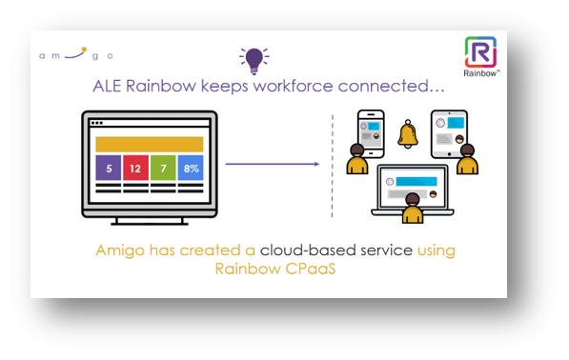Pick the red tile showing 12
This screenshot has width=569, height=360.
tap(135, 169)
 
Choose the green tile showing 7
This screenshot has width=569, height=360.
tap(163, 169)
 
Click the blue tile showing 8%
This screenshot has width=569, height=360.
tap(191, 169)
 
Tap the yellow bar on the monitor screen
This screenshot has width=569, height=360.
tap(149, 144)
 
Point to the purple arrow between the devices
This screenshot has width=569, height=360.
tap(272, 164)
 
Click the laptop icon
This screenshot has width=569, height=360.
tap(412, 183)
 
